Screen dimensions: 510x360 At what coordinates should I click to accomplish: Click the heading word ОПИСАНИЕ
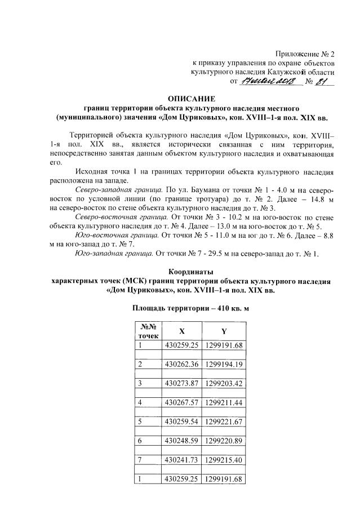pos(197,98)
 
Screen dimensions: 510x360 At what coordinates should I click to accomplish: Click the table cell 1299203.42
pos(224,383)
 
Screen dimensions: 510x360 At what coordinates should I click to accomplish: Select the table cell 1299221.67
pos(224,421)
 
